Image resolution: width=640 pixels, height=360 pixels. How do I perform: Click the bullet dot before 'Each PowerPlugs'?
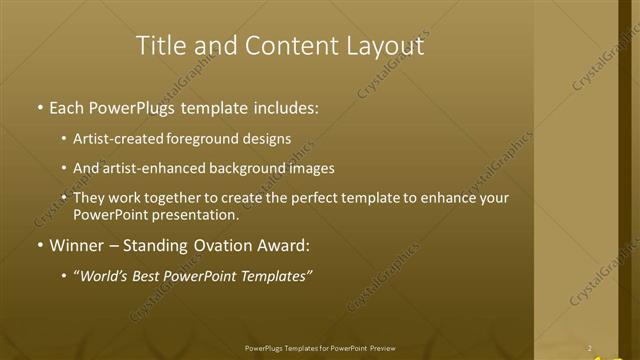39,106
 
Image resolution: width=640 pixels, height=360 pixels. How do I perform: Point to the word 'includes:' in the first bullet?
287,106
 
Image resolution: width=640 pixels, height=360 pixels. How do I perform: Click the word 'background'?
248,169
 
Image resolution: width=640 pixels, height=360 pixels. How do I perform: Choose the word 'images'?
311,169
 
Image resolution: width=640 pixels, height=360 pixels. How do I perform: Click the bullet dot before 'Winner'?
39,245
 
